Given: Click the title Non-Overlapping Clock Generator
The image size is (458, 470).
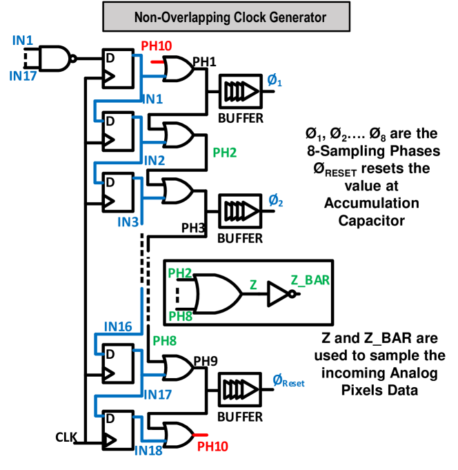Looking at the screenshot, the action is coord(230,17).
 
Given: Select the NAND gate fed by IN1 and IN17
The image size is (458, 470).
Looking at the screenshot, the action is coord(57,59).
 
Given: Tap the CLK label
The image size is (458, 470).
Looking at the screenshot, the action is coord(66,438).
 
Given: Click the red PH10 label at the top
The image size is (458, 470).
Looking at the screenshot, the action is coord(157,46).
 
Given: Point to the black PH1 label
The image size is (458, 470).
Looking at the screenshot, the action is coord(204,61).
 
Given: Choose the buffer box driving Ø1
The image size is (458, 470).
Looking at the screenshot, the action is coord(241,91).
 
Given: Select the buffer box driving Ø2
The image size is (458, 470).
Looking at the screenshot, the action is coord(240,211).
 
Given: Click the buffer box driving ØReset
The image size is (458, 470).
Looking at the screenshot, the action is coord(239,389).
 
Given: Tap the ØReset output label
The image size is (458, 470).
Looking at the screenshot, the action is coord(288,381).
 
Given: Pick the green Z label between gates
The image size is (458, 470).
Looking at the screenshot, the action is coord(253,285).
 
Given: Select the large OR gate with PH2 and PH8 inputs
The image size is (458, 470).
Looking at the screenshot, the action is coord(218,294).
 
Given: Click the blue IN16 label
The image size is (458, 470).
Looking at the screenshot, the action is coord(118,326).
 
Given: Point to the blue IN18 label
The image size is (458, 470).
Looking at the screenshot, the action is coord(148,451).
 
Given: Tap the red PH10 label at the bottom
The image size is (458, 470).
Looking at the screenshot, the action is coord(212,447).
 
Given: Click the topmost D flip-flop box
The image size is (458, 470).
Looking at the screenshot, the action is coord(118,68).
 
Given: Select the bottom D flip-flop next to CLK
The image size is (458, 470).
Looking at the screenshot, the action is coord(118,430).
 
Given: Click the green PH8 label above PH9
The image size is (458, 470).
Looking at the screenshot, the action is coord(164,341).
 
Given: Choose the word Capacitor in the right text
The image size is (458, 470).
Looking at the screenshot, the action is coord(371,221).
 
